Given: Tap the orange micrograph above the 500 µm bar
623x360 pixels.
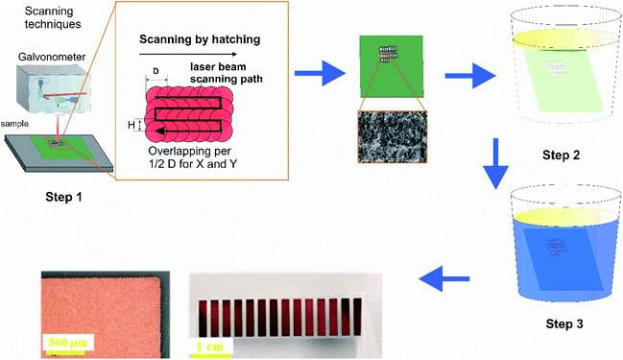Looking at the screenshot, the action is pos(96,302).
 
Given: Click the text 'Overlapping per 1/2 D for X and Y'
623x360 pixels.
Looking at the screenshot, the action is pos(192,159).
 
